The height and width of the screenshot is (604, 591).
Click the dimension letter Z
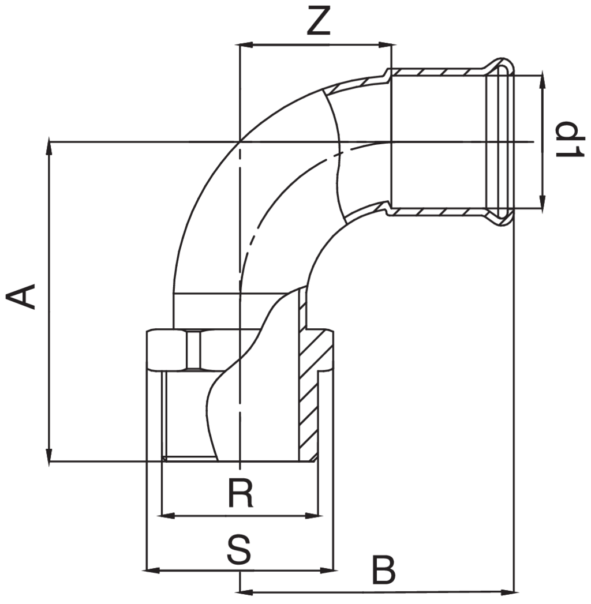point(318,22)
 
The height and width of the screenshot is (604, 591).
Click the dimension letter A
point(22,297)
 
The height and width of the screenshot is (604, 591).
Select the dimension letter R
point(240,493)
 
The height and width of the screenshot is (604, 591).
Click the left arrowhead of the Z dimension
point(247,44)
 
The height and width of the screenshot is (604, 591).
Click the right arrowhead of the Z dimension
point(385,44)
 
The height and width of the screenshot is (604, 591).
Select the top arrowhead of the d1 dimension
point(543,81)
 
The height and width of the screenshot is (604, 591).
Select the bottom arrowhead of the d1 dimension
point(543,201)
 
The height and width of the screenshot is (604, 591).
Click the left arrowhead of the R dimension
point(167,515)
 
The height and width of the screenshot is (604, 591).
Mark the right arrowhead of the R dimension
point(313,515)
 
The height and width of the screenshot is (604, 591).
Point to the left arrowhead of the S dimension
point(151,571)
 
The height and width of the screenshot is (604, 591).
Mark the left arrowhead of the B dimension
point(247,591)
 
